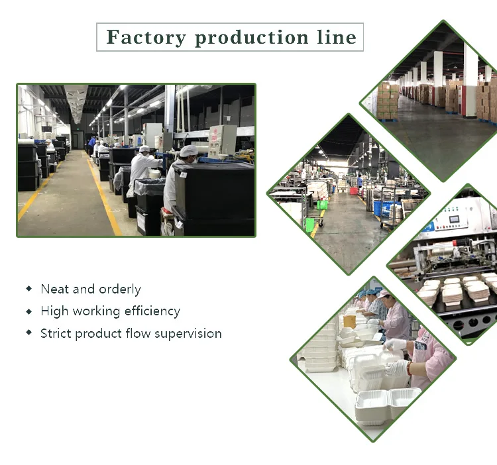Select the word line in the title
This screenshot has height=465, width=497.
(x=335, y=37)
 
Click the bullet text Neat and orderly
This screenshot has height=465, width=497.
(x=91, y=289)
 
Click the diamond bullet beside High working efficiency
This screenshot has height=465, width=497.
(x=28, y=311)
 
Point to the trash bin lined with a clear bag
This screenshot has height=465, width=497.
(x=150, y=188)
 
